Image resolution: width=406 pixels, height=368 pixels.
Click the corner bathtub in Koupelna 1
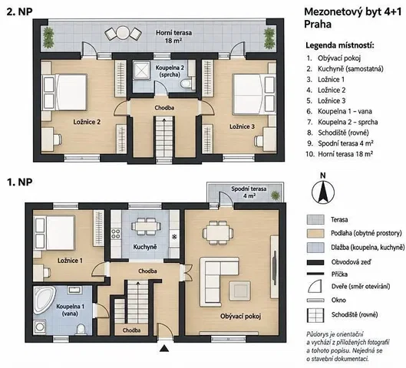(x=44, y=300)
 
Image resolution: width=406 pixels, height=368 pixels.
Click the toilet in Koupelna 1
(x=81, y=329)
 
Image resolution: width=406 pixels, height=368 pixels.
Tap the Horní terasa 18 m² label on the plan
(x=173, y=37)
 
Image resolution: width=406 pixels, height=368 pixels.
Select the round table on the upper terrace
(x=123, y=33)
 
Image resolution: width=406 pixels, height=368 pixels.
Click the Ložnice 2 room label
(x=87, y=122)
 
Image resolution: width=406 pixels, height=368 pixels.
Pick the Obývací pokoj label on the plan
(x=240, y=316)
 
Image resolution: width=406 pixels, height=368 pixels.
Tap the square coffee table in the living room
(x=240, y=291)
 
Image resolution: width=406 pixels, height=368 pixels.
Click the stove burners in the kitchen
(x=115, y=234)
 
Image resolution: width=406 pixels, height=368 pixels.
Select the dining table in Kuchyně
(x=145, y=226)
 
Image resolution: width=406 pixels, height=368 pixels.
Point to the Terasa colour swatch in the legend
(x=315, y=219)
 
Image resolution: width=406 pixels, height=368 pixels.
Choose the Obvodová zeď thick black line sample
(x=315, y=262)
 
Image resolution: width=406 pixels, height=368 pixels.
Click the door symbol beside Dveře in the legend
(x=315, y=286)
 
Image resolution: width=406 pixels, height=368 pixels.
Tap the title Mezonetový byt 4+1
(x=353, y=12)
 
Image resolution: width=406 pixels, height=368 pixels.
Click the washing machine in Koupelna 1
(x=40, y=327)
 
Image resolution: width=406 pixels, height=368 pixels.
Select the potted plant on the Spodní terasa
(x=276, y=195)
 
